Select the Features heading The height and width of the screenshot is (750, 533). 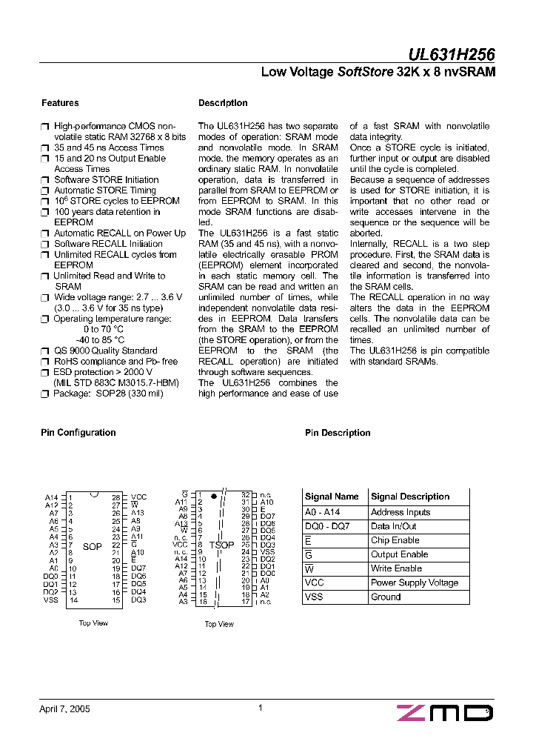pyautogui.click(x=60, y=103)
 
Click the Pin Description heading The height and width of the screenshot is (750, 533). pyautogui.click(x=338, y=433)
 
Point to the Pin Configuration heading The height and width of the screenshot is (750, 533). pyautogui.click(x=78, y=433)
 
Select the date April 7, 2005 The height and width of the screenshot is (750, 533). pyautogui.click(x=64, y=709)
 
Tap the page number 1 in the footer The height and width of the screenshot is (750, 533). pyautogui.click(x=261, y=708)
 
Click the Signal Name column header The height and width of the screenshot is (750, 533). pyautogui.click(x=332, y=497)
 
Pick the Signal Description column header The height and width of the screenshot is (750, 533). pyautogui.click(x=410, y=497)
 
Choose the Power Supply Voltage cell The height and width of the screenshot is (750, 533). pyautogui.click(x=414, y=583)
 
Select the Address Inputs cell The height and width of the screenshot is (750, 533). pyautogui.click(x=400, y=512)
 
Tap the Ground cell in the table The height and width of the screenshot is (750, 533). pyautogui.click(x=386, y=597)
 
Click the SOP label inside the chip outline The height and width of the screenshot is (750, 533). pyautogui.click(x=93, y=547)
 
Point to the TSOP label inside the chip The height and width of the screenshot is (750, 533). pyautogui.click(x=221, y=545)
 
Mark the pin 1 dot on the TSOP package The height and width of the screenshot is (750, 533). pyautogui.click(x=213, y=494)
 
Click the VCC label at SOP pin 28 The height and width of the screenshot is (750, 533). pyautogui.click(x=138, y=497)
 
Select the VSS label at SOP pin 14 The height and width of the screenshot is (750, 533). pyautogui.click(x=50, y=600)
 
